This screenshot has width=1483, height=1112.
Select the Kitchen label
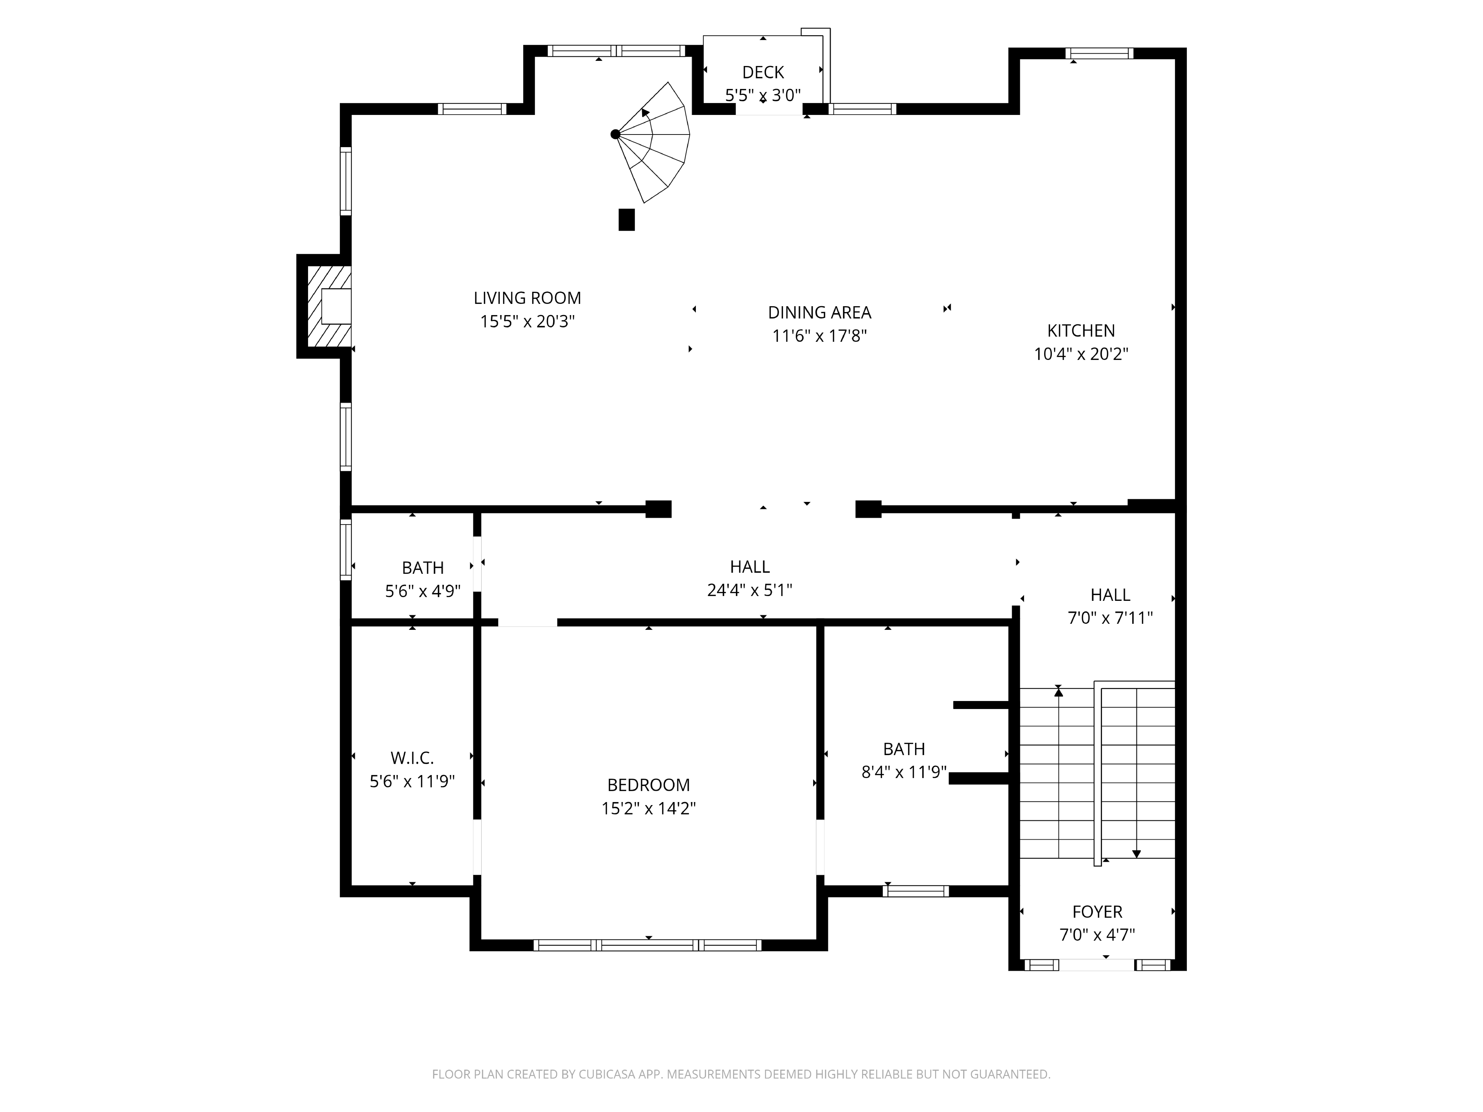1081,330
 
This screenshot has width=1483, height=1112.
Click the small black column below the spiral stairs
626,220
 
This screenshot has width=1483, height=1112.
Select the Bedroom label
648,785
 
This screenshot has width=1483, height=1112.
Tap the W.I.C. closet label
412,758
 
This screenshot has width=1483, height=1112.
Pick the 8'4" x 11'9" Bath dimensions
904,772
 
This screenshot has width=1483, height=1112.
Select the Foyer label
1097,912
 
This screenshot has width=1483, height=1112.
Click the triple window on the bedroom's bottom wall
648,945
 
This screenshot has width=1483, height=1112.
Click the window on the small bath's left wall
346,550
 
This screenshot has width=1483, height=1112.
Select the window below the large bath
916,891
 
